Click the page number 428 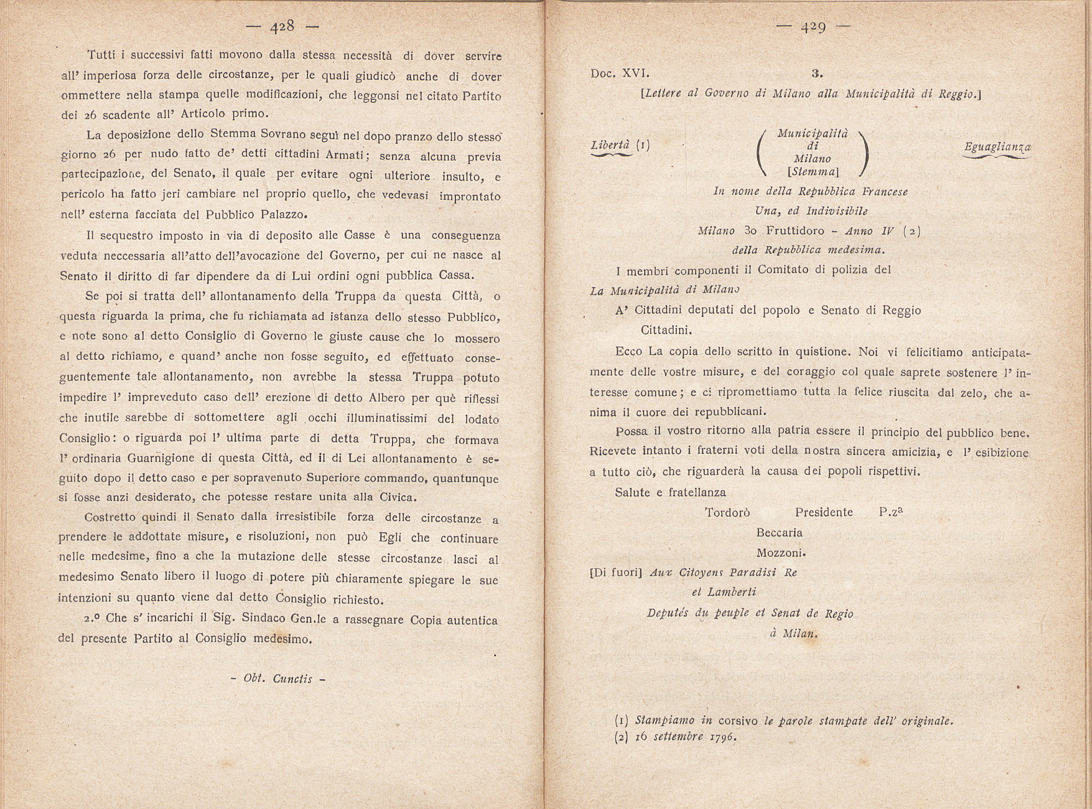coord(282,27)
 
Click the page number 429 coord(814,27)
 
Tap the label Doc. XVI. coord(620,73)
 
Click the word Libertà coord(611,145)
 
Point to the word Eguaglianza coord(997,146)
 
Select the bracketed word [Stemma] coord(813,171)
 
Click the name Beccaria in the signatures coord(779,532)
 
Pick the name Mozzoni coord(781,552)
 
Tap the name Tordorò coord(727,513)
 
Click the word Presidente coord(824,513)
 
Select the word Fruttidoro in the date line coord(795,230)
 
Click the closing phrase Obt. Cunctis coord(278,679)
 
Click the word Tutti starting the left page coord(104,55)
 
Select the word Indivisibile coord(850,211)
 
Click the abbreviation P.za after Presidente coord(891,512)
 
